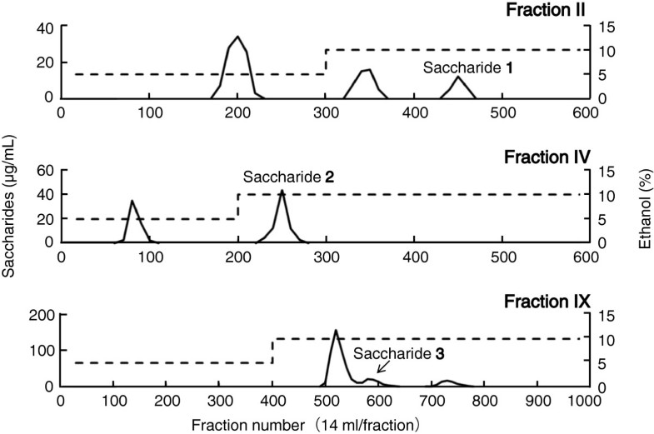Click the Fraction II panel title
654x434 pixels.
[x=542, y=11]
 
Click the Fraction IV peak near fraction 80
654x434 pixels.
[x=131, y=201]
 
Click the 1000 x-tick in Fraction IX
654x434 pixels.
[x=582, y=402]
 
